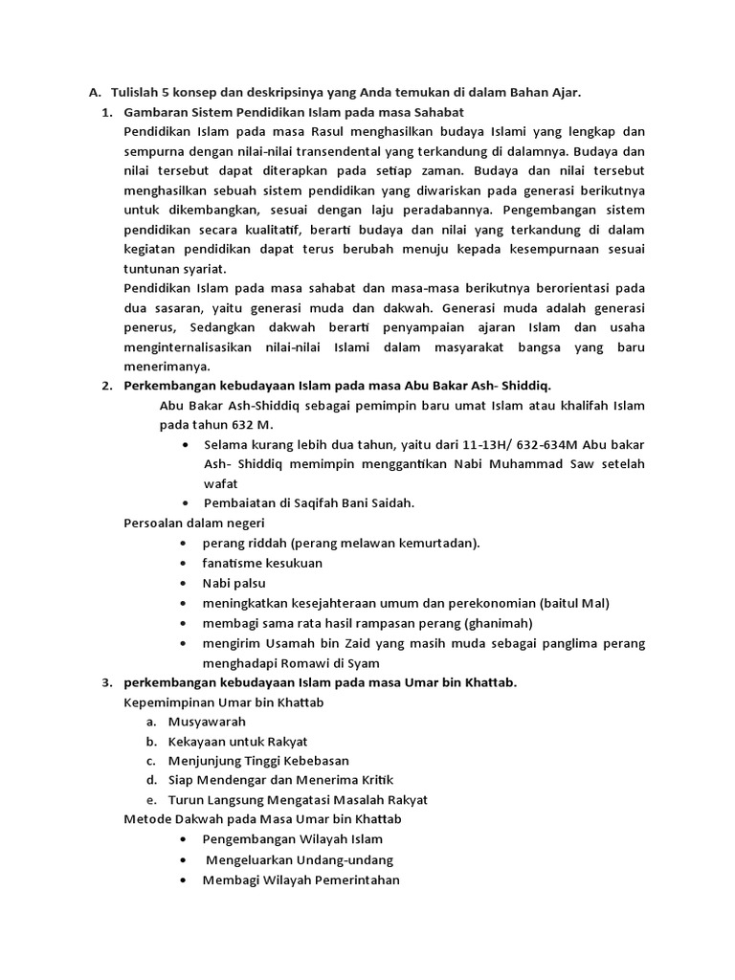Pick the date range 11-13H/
[x=487, y=445]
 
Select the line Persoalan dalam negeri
[x=194, y=523]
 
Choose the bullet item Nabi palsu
[x=234, y=583]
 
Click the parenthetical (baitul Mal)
[x=574, y=603]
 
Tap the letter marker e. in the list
[x=150, y=799]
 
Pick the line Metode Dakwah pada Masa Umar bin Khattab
[x=263, y=819]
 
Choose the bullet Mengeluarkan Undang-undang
[x=300, y=859]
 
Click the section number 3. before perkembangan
[x=106, y=682]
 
